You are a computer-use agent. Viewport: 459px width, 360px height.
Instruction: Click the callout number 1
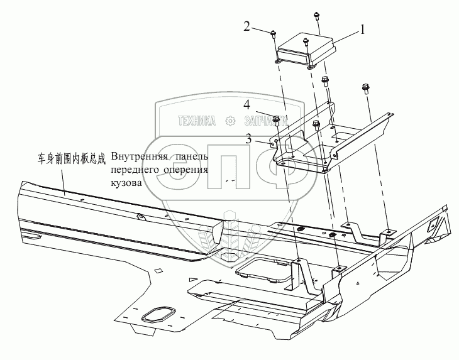(363, 29)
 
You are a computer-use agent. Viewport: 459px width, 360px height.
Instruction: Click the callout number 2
(247, 26)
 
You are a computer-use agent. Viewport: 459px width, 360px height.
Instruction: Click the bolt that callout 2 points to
(274, 34)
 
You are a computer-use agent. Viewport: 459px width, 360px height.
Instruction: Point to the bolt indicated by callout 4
(276, 119)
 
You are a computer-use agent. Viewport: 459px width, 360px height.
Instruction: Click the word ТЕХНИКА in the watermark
(197, 121)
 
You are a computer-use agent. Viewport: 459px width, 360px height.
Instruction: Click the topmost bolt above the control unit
(314, 16)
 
